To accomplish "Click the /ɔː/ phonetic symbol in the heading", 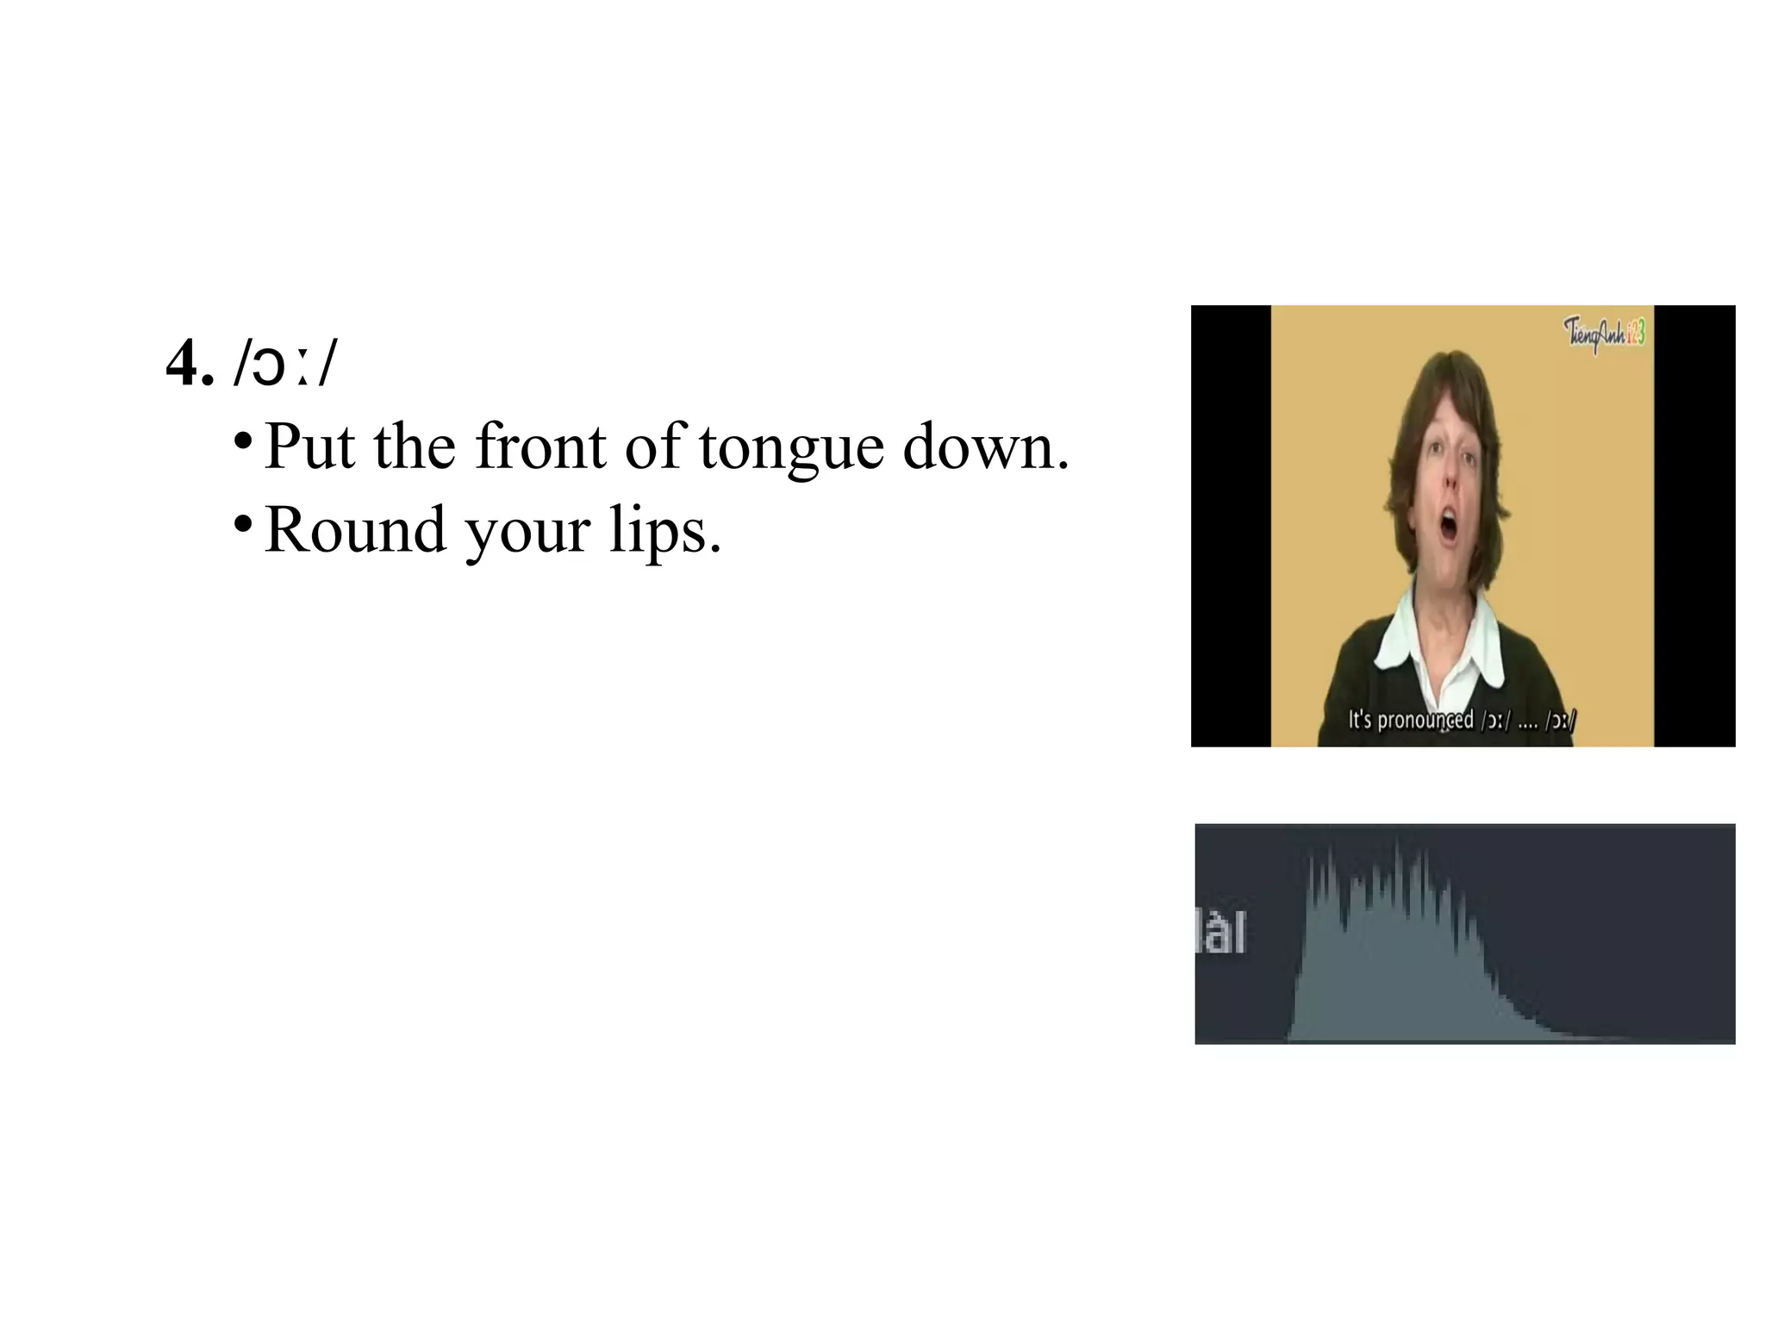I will tap(285, 364).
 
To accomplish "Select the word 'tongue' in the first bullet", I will tap(791, 447).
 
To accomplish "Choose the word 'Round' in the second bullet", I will tap(355, 529).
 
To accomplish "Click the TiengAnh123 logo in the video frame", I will tap(1604, 333).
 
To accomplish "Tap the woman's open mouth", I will tap(1450, 528).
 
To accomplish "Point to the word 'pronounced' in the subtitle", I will tap(1425, 720).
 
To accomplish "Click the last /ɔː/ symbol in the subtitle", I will tap(1560, 720).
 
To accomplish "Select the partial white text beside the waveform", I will tap(1221, 933).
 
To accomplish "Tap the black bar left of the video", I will tap(1231, 526).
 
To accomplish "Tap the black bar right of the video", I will tap(1694, 526).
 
